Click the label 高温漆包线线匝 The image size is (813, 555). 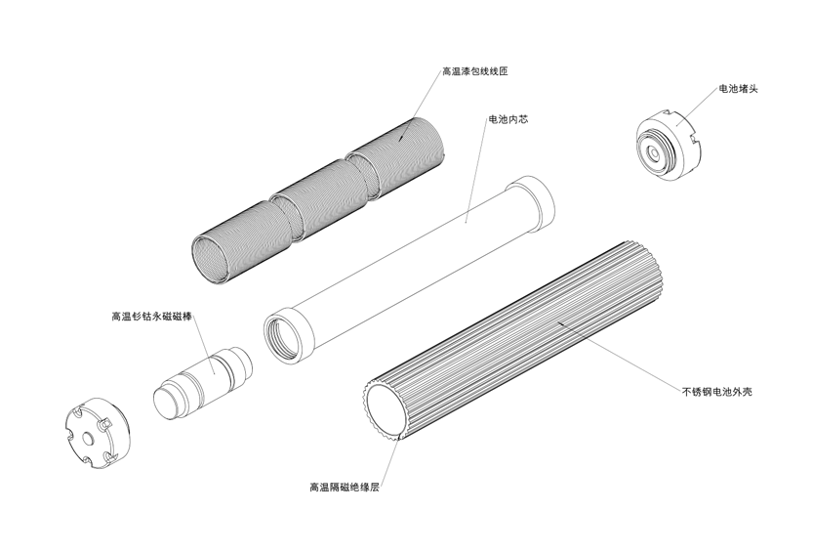click(474, 70)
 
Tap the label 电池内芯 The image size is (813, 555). click(508, 119)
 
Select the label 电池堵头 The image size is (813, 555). click(738, 88)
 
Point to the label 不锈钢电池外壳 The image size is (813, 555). click(717, 391)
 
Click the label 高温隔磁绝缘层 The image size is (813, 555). click(345, 488)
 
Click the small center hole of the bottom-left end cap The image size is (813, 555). click(88, 439)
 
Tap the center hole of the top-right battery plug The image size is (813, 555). click(653, 153)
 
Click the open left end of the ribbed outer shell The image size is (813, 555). click(385, 410)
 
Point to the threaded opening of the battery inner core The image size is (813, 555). click(283, 337)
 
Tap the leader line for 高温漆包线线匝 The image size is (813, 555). click(421, 107)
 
